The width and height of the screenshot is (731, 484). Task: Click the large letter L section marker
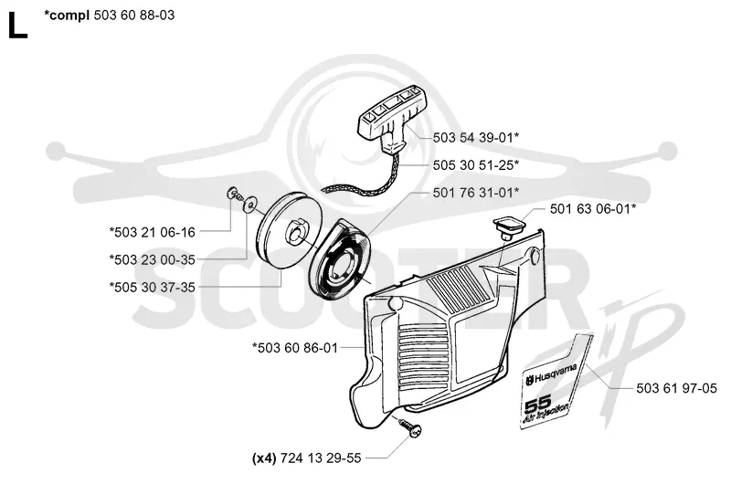17,26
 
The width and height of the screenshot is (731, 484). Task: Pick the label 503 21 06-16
153,232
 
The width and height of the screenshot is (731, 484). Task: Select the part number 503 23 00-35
153,259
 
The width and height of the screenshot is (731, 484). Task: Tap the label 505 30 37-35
153,287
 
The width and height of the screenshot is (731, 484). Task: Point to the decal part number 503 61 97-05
676,388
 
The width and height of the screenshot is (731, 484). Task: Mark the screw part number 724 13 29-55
321,458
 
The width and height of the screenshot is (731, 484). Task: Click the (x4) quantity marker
264,458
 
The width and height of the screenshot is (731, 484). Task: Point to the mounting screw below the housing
410,427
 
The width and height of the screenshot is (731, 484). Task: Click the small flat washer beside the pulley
251,204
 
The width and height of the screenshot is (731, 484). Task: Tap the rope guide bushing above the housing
509,226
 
